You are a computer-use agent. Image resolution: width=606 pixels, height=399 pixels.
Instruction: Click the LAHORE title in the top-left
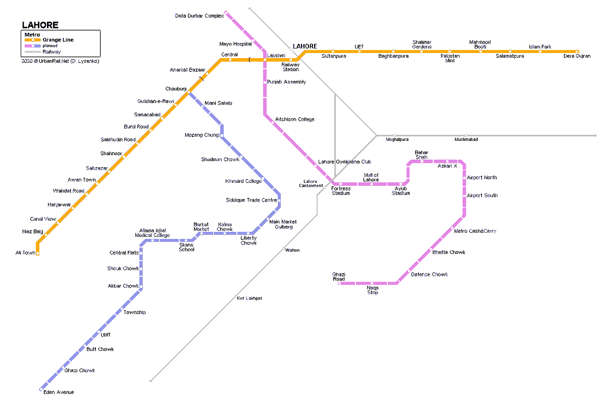point(40,25)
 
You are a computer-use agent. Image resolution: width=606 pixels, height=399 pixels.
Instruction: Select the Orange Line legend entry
point(58,40)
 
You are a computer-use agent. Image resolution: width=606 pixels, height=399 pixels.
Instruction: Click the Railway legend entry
point(51,52)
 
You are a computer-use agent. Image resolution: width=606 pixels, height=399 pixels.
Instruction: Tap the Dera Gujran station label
point(577,56)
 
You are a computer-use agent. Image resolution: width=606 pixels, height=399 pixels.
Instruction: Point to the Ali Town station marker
point(37,253)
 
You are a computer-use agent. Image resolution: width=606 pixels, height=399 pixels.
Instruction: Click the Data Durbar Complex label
point(199,16)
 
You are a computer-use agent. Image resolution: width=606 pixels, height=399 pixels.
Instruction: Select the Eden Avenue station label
point(59,392)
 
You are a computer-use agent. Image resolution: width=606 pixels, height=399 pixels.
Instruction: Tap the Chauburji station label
point(176,89)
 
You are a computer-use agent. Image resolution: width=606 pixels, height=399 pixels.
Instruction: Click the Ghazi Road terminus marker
point(339,283)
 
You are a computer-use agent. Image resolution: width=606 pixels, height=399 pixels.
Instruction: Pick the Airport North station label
point(482,178)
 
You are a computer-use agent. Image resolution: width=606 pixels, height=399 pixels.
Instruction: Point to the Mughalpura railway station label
point(397,139)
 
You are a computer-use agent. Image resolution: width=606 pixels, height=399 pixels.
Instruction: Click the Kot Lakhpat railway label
point(249,298)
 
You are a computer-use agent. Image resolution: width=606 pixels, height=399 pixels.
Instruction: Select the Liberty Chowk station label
point(248,240)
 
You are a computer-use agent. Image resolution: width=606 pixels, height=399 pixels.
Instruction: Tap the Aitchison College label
point(294,120)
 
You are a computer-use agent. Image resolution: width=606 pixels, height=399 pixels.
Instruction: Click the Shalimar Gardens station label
point(422,44)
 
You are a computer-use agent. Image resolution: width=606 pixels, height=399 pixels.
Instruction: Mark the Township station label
point(134,313)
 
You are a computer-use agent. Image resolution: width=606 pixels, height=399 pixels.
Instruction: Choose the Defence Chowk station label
point(429,275)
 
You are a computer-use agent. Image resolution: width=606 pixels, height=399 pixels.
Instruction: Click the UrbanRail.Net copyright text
point(61,61)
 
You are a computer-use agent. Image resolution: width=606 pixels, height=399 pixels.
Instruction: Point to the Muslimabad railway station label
point(466,139)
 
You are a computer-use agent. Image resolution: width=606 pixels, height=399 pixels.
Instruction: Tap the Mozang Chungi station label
point(202,135)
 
